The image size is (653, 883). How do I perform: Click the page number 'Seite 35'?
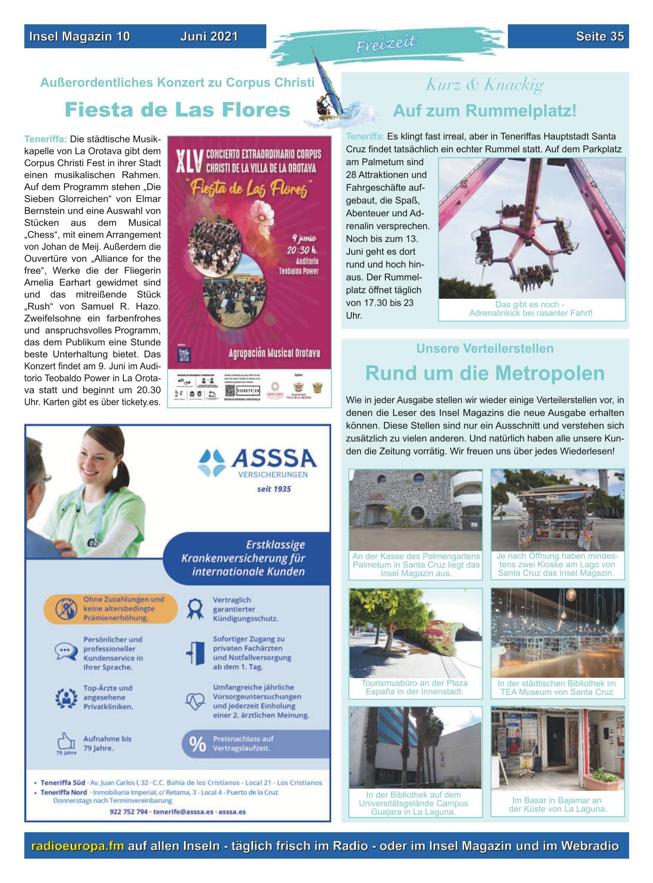(x=600, y=37)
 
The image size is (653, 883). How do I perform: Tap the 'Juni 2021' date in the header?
(x=209, y=37)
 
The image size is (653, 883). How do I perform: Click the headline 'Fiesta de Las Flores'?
(x=177, y=110)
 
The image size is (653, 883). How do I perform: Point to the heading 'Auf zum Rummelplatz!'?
(x=484, y=111)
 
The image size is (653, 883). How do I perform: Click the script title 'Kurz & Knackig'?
(x=484, y=85)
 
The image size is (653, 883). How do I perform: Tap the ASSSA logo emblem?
(x=211, y=462)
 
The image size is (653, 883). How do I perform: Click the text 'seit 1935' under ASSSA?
(x=274, y=489)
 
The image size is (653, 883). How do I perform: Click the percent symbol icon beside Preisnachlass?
(x=197, y=744)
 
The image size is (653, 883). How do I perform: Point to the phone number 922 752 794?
(x=128, y=812)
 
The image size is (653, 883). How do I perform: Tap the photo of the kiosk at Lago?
(x=557, y=510)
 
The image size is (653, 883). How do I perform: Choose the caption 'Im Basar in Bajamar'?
(x=557, y=804)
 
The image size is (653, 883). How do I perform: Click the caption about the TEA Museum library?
(x=557, y=688)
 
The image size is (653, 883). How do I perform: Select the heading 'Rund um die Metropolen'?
(x=484, y=373)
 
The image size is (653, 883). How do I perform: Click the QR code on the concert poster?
(x=231, y=390)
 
